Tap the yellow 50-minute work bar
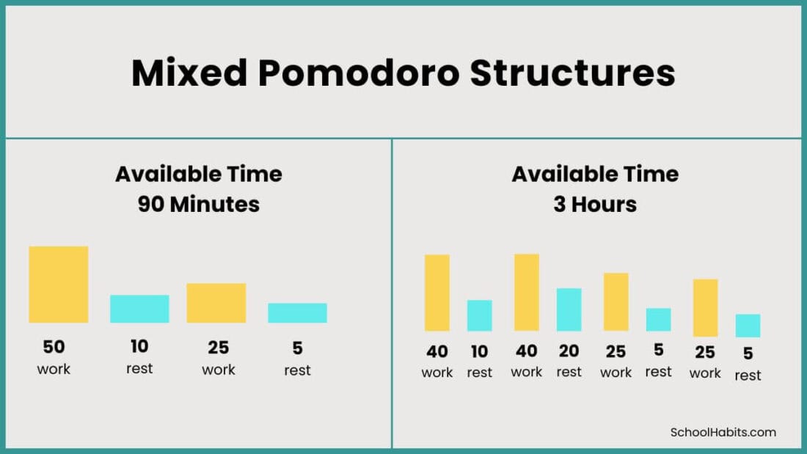(59, 285)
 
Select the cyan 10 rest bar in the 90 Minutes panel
(139, 309)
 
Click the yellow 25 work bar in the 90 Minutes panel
(216, 303)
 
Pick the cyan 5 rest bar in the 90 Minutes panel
(297, 313)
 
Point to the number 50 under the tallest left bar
(54, 346)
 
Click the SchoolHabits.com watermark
(723, 432)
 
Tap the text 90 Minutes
(199, 204)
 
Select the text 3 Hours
(595, 204)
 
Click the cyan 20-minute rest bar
(569, 310)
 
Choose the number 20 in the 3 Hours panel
(569, 351)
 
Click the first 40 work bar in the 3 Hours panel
(437, 293)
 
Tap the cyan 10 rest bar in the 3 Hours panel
(480, 315)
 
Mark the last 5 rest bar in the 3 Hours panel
(748, 326)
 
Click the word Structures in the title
(572, 73)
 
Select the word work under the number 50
(54, 368)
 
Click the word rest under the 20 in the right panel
(569, 372)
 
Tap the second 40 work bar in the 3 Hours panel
(527, 293)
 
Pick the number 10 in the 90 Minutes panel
(139, 346)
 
